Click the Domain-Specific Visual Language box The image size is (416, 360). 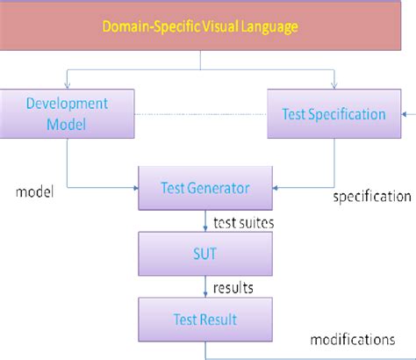point(200,26)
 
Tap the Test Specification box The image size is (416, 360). point(334,114)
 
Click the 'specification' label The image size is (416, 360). point(372,197)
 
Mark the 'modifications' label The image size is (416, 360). point(353,337)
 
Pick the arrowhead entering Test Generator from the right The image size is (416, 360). point(276,187)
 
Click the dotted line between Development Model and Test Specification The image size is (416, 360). point(202,114)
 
